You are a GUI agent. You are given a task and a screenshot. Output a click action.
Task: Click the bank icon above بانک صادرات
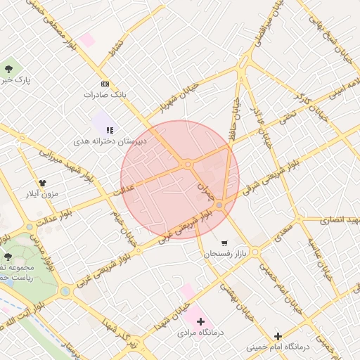point(105,84)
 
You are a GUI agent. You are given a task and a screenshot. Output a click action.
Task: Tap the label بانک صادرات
point(103,94)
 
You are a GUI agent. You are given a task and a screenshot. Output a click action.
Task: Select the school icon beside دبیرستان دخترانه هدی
point(109,130)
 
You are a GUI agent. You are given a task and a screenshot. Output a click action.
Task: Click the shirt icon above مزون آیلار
point(52,183)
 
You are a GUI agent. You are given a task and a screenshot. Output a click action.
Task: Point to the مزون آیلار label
point(43,193)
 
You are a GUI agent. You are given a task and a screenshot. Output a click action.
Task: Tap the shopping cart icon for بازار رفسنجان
point(224,243)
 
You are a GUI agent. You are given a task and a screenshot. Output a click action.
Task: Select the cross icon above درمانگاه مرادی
point(200,321)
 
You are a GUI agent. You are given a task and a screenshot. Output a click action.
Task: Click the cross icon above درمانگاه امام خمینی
point(278,337)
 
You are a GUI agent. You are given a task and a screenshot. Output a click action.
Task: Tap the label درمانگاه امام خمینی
point(278,347)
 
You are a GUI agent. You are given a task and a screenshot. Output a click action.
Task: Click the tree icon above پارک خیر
point(8,69)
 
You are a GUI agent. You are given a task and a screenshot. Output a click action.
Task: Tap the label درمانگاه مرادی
point(200,333)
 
